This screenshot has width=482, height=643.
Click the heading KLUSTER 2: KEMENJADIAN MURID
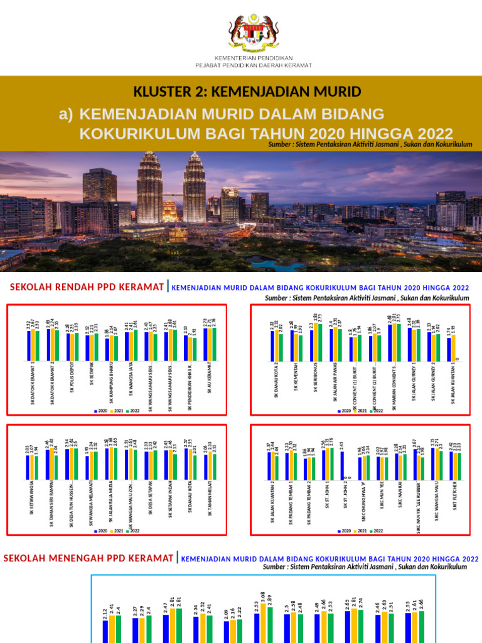(247, 92)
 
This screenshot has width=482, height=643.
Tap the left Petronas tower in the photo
(149, 188)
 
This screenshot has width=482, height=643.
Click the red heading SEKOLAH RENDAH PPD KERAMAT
(87, 288)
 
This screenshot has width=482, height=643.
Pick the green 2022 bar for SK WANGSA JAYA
(136, 345)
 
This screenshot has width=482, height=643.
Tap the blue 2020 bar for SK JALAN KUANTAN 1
(449, 350)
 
